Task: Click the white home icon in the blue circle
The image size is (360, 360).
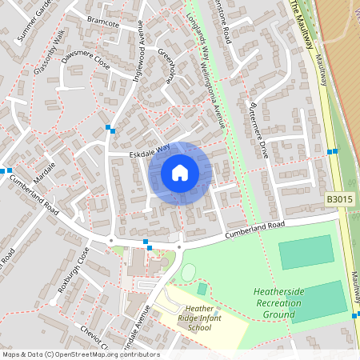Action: point(180,172)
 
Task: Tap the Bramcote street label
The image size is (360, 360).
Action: point(102,23)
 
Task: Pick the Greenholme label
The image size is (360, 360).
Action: point(166,66)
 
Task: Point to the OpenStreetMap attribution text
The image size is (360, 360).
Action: point(80,354)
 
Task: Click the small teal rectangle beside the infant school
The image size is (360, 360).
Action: point(202,289)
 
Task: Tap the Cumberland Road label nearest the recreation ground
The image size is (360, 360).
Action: point(255,227)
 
